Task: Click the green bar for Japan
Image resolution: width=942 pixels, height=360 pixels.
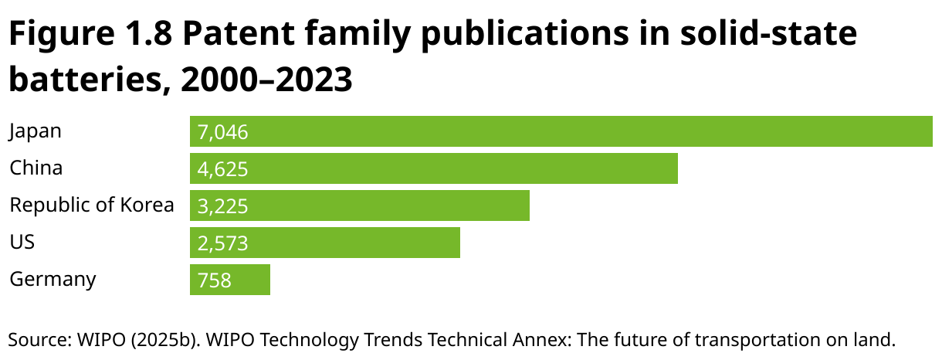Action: point(561,131)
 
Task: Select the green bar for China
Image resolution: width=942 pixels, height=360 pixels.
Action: point(434,168)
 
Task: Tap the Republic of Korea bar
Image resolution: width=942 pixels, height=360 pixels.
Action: point(360,205)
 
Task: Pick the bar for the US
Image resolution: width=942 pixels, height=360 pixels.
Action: point(325,243)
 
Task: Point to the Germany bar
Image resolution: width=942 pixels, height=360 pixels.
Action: point(230,280)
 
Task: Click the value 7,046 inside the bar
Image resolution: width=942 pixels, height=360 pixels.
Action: point(222,132)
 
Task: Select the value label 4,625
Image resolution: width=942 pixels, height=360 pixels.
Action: point(222,169)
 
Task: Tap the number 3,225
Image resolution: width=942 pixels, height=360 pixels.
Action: point(222,206)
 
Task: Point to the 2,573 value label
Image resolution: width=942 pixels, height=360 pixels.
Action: point(222,243)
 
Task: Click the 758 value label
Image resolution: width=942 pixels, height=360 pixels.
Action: point(215,280)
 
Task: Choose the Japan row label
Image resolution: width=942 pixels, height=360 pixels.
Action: point(35,131)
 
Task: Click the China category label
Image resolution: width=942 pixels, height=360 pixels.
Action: point(36,168)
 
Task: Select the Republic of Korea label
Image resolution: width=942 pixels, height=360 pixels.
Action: point(91,205)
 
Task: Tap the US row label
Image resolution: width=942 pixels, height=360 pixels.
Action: point(22,243)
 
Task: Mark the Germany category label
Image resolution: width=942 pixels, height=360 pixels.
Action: point(53,279)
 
